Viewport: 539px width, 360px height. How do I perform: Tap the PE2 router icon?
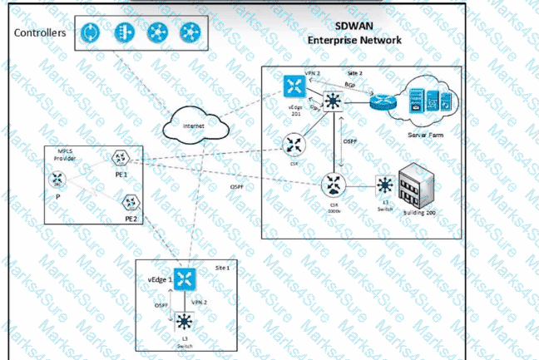(x=131, y=201)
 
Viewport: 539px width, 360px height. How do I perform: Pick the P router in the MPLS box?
(x=58, y=179)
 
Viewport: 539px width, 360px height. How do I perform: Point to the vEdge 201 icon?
(x=294, y=86)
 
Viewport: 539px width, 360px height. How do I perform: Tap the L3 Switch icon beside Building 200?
(x=383, y=185)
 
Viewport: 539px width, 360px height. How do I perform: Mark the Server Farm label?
(x=429, y=134)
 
